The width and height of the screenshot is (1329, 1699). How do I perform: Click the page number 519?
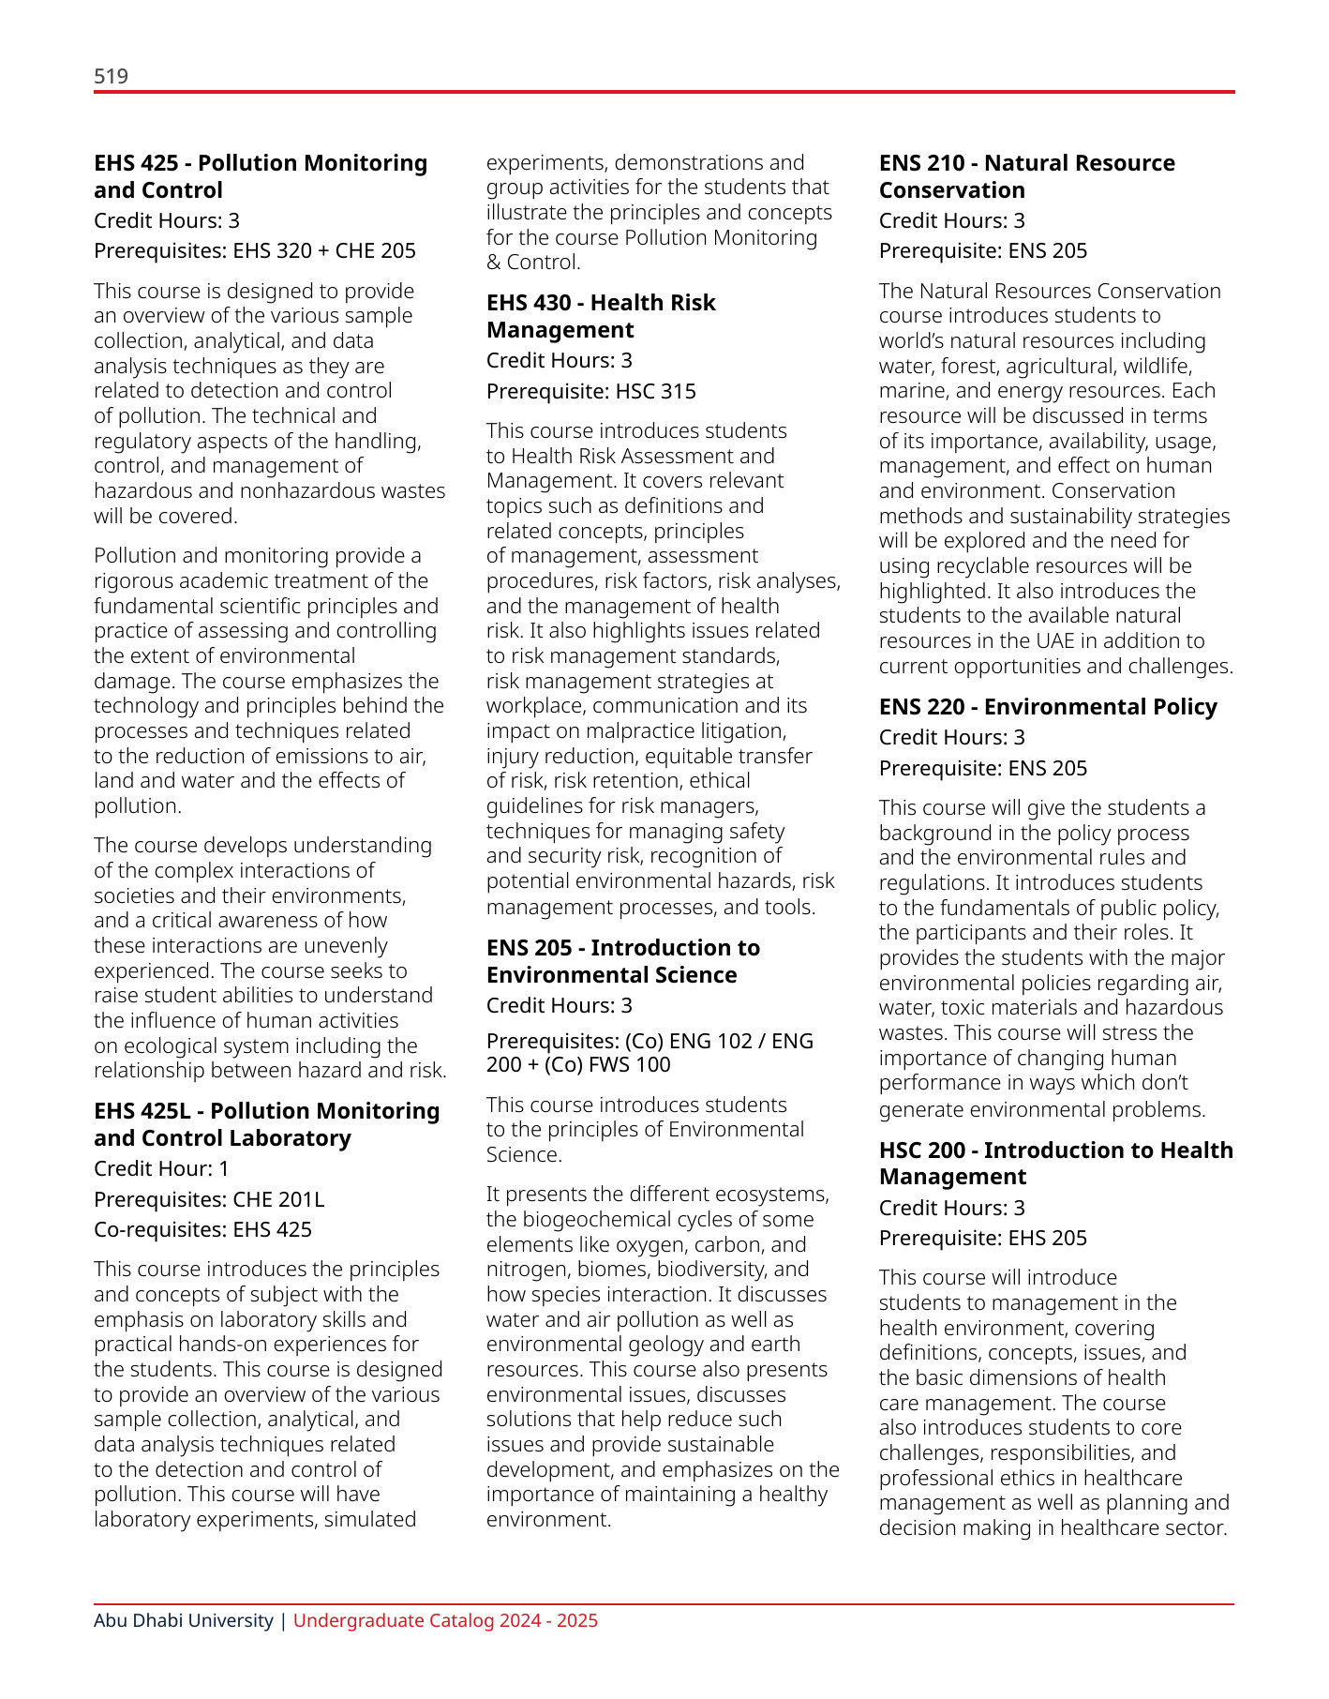(111, 76)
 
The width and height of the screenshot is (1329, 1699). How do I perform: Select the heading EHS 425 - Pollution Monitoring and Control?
(260, 176)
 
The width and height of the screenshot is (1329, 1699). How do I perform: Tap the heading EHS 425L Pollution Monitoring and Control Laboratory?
(266, 1124)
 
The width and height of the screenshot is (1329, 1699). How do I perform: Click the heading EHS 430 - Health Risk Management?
(600, 316)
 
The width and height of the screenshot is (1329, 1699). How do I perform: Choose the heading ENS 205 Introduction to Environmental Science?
(622, 961)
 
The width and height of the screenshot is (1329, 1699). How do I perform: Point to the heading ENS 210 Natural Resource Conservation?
(1026, 176)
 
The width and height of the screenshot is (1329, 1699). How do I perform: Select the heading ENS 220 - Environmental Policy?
(1047, 707)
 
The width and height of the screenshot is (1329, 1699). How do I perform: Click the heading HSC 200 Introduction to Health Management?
(1055, 1163)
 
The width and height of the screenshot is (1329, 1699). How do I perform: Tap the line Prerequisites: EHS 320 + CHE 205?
(254, 250)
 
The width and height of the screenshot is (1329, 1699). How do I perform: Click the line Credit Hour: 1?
(161, 1168)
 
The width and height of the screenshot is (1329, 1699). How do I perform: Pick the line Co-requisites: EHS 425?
(202, 1229)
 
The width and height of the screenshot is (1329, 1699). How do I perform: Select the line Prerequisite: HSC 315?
(590, 391)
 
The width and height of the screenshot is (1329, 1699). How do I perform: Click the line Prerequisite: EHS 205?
(982, 1238)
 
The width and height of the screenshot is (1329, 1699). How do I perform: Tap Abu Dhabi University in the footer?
(183, 1620)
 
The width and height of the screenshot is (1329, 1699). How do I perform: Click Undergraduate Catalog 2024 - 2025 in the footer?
(445, 1620)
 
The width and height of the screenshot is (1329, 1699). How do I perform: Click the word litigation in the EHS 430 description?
(739, 730)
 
